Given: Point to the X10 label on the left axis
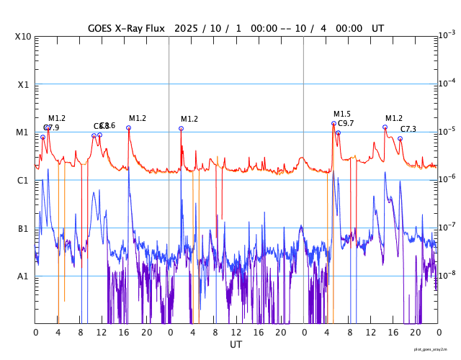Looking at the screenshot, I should tap(24, 37).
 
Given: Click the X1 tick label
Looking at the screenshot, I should tap(22, 84).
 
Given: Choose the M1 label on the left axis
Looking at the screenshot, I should tap(22, 132).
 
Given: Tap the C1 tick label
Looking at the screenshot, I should tap(22, 180).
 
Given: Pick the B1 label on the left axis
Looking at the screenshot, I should tap(22, 228).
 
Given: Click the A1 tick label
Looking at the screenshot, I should tap(22, 276).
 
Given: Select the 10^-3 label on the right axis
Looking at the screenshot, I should tap(446, 35).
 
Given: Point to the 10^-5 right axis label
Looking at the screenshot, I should tap(446, 131).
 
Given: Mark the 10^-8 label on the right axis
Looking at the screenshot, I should tap(446, 275).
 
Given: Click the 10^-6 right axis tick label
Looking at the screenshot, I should tap(446, 179).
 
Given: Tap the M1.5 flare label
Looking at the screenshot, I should tap(342, 114).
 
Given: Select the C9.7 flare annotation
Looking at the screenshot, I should tap(346, 124).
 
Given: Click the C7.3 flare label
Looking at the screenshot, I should tap(408, 129).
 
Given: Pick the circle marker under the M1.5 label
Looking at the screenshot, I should tap(334, 123).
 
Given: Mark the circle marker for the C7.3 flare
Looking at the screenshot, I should tap(400, 138).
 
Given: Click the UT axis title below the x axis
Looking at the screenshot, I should tap(236, 345).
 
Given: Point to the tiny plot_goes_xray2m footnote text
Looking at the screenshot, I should tap(435, 349).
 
